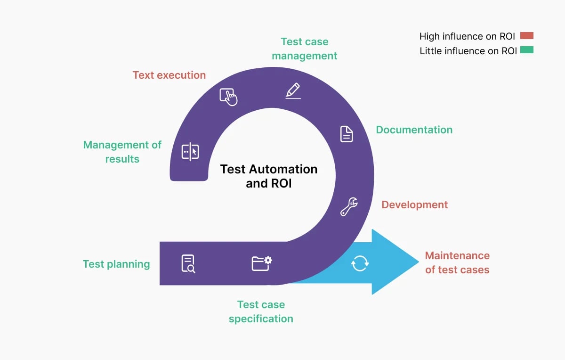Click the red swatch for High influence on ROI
[526, 36]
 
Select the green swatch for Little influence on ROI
[526, 50]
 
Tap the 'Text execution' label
[169, 75]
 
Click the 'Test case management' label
[304, 49]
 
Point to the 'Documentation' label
[414, 130]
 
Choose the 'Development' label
[414, 205]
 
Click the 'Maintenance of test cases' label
[457, 262]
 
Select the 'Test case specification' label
[261, 311]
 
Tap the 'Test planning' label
[116, 264]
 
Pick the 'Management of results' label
[122, 152]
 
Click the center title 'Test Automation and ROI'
[269, 176]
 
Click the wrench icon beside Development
[349, 206]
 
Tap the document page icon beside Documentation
[347, 134]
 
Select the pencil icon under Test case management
[293, 90]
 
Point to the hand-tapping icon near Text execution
[228, 97]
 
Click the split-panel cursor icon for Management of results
[190, 152]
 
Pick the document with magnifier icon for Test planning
[188, 263]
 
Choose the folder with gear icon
[261, 263]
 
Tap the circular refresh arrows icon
[360, 263]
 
